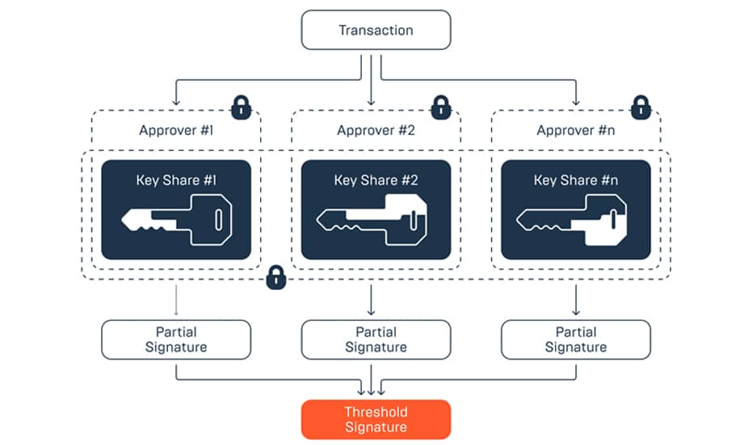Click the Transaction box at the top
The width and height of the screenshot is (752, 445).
[x=376, y=31]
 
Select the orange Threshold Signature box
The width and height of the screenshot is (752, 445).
[x=376, y=419]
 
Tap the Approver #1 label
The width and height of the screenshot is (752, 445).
[x=175, y=130]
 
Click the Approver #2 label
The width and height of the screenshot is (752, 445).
[x=376, y=130]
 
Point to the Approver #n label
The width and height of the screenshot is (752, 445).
[x=575, y=130]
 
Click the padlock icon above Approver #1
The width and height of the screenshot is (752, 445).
[x=240, y=106]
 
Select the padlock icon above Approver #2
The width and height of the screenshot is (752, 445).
[x=440, y=106]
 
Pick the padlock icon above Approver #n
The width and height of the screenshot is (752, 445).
[x=641, y=106]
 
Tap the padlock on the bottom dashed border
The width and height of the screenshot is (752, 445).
[x=276, y=278]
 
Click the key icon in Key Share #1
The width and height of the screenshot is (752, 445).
[x=177, y=220]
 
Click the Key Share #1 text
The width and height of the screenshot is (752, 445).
[x=175, y=180]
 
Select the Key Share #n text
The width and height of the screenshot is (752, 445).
[x=575, y=180]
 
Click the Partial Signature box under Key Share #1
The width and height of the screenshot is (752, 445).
[x=176, y=339]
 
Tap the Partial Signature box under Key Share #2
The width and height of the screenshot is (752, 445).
[x=376, y=339]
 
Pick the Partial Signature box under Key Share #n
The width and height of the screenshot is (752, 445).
[x=575, y=339]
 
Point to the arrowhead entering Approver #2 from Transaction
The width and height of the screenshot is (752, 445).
[x=371, y=101]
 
